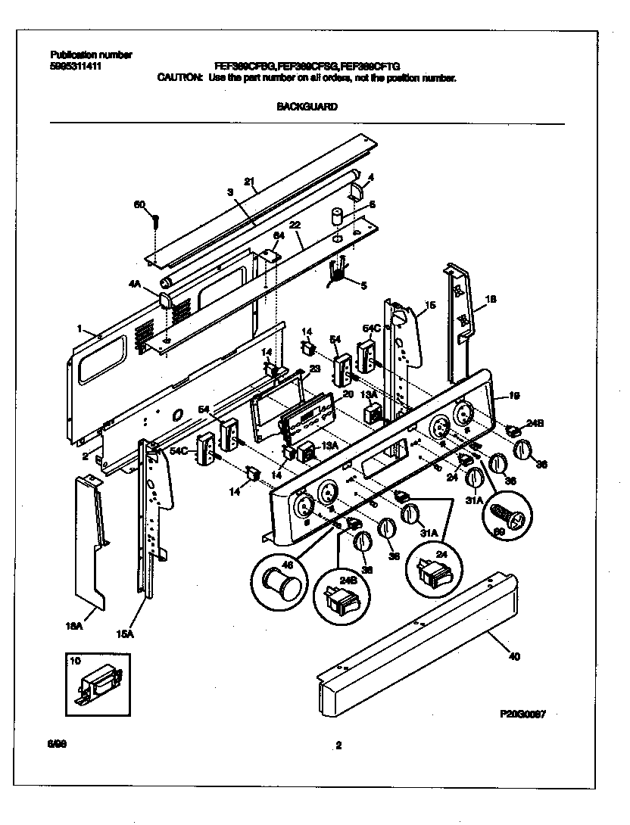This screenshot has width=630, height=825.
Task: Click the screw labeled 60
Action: pos(154,220)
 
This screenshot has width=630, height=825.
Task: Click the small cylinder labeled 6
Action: pos(336,219)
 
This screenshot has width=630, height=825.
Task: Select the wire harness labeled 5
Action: pos(335,272)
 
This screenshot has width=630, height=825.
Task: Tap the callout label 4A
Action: pos(135,284)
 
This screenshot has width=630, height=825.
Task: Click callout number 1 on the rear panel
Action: pos(80,328)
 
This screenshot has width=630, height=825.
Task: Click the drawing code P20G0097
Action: pos(522,713)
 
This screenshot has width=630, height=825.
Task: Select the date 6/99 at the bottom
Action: pos(55,746)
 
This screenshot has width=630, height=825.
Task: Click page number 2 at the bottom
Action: pos(338,746)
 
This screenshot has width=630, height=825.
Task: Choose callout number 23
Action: pos(316,369)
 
